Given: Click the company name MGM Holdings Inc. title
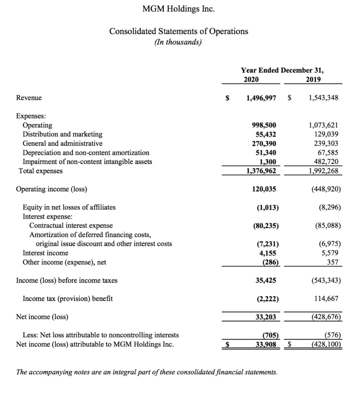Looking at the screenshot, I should [178, 9].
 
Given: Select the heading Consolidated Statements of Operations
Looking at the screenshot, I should [179, 31].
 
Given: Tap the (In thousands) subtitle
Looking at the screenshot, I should [178, 42].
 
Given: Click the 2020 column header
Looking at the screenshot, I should [252, 79].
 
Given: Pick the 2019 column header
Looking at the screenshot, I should [313, 79].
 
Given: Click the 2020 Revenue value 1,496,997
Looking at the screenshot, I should [261, 98].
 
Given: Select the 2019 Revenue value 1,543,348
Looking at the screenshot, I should [323, 98].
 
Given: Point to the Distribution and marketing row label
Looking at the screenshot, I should [63, 134].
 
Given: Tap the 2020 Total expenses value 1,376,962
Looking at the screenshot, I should [261, 171].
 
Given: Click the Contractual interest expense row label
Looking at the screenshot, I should [71, 225].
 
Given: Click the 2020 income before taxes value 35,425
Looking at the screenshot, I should [266, 280].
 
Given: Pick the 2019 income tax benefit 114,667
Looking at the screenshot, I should [326, 299].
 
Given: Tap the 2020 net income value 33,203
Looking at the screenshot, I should [266, 317].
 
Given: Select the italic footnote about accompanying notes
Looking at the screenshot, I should [147, 372].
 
